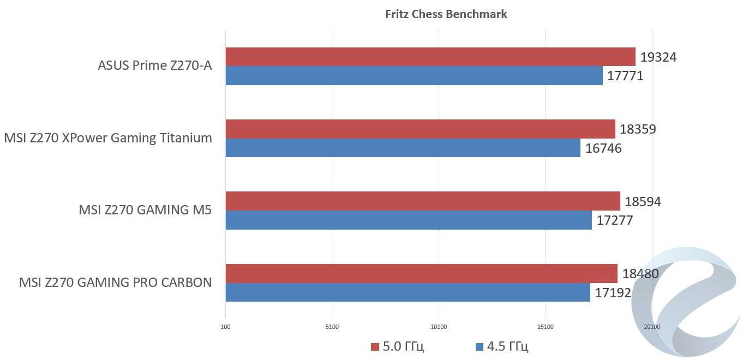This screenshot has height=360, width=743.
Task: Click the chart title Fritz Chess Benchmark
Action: pyautogui.click(x=446, y=14)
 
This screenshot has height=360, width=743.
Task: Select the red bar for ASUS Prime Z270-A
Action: pyautogui.click(x=430, y=57)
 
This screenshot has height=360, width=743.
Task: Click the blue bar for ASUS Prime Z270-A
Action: pyautogui.click(x=414, y=75)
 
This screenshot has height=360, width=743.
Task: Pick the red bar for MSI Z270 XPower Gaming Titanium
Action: pyautogui.click(x=420, y=129)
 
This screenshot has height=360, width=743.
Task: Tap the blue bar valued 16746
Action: pyautogui.click(x=403, y=148)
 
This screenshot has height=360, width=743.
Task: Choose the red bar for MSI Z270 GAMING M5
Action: pyautogui.click(x=423, y=201)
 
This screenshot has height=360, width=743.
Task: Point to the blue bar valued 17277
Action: pyautogui.click(x=409, y=220)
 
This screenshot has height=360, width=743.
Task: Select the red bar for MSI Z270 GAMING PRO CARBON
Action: pyautogui.click(x=421, y=273)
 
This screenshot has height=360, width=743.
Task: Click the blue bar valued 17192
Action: pyautogui.click(x=408, y=292)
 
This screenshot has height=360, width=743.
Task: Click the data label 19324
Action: pyautogui.click(x=658, y=57)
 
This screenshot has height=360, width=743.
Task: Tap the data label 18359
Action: pyautogui.click(x=638, y=129)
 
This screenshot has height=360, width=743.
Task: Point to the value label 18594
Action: pyautogui.click(x=643, y=202)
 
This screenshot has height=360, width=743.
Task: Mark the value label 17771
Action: pyautogui.click(x=625, y=76)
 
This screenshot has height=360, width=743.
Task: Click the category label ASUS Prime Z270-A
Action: pyautogui.click(x=154, y=66)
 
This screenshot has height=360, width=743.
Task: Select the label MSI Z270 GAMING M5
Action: pyautogui.click(x=145, y=210)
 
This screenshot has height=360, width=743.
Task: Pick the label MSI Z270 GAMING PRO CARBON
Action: pyautogui.click(x=115, y=283)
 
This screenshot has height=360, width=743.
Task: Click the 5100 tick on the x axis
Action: pyautogui.click(x=332, y=327)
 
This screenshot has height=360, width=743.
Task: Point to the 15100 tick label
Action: pyautogui.click(x=545, y=327)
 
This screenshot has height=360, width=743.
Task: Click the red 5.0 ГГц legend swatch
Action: pyautogui.click(x=375, y=347)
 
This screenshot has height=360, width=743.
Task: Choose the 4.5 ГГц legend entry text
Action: pyautogui.click(x=507, y=347)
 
